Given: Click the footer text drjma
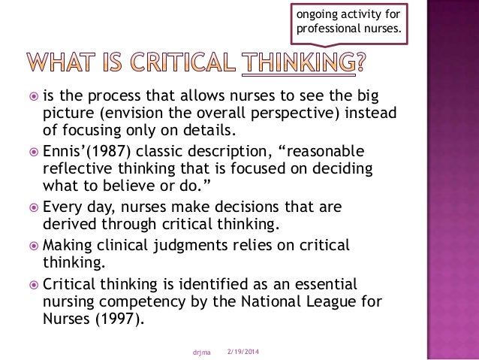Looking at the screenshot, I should [200, 352].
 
